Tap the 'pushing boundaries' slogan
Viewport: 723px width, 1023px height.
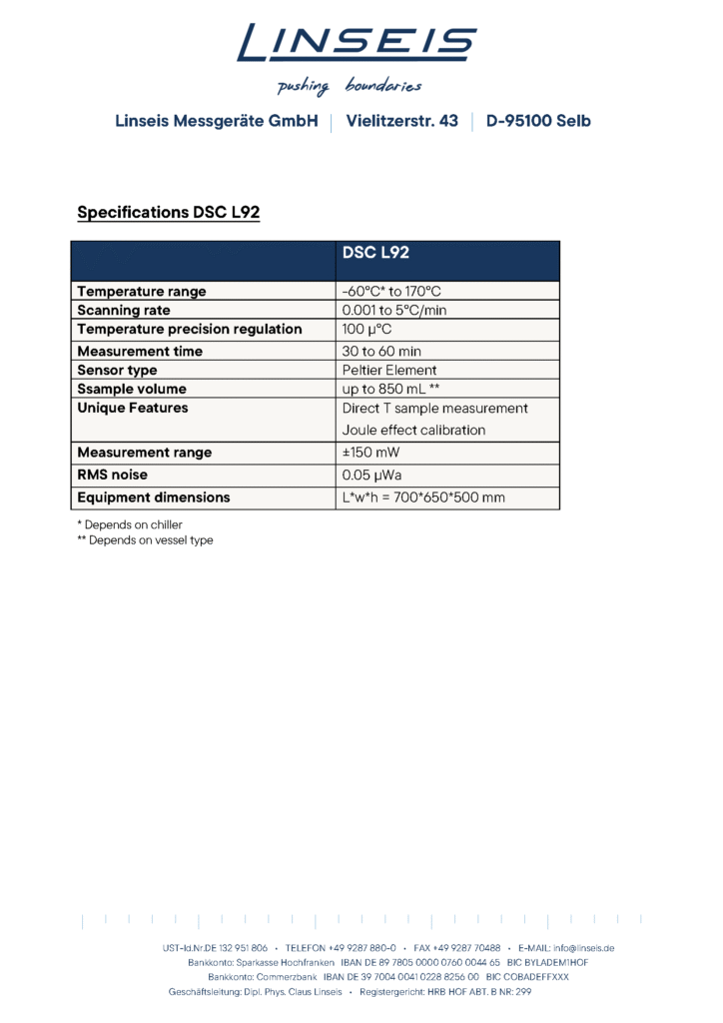tap(349, 86)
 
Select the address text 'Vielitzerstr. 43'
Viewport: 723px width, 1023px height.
tap(402, 121)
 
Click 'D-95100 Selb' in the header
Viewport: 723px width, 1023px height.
tap(538, 121)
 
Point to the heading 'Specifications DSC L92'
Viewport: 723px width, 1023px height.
tap(168, 213)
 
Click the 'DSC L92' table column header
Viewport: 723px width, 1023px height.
tap(375, 254)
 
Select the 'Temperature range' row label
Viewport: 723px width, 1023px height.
tap(142, 292)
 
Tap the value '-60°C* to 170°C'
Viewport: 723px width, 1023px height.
tap(391, 292)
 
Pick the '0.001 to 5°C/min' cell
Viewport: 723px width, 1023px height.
tap(394, 311)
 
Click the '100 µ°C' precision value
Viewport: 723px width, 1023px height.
tap(366, 330)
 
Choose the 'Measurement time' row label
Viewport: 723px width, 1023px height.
tap(140, 352)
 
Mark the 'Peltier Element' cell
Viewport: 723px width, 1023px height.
tap(389, 371)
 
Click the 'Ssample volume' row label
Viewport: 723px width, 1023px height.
tap(132, 390)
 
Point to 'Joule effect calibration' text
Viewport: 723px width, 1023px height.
tap(413, 431)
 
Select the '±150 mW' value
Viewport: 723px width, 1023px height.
tap(370, 453)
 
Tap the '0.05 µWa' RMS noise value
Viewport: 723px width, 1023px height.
tap(372, 476)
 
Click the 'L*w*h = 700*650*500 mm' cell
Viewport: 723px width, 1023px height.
tap(423, 498)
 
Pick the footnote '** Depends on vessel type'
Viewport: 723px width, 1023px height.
tap(145, 540)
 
